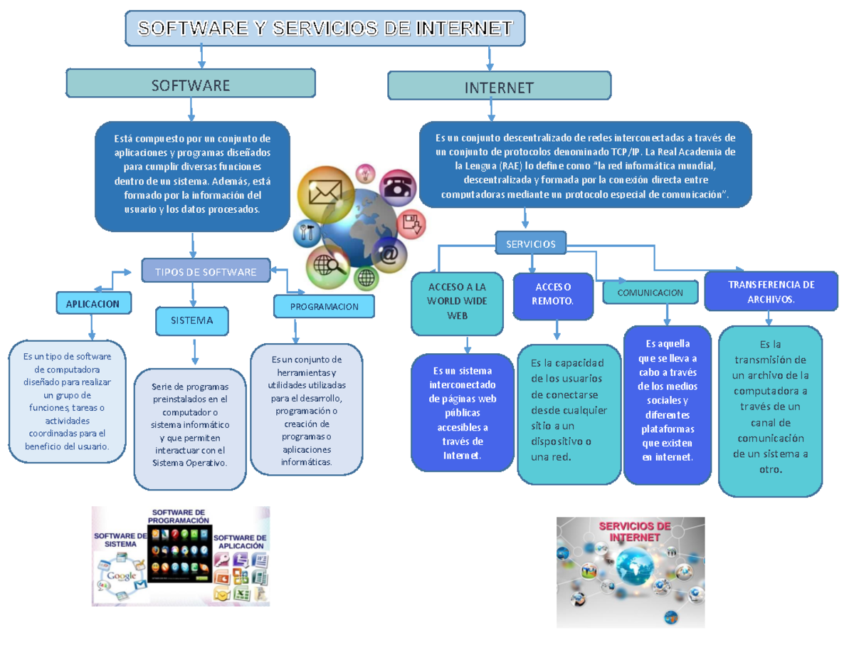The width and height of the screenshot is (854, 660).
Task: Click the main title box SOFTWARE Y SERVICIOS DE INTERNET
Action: [x=325, y=28]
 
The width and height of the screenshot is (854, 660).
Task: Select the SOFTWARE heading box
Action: [x=190, y=84]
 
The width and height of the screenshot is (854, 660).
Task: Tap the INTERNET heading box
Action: [x=499, y=87]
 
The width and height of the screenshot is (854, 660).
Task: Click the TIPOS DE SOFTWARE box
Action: [x=206, y=271]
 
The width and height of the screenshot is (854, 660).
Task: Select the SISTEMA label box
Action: [x=192, y=320]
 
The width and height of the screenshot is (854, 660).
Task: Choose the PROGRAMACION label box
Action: [x=324, y=306]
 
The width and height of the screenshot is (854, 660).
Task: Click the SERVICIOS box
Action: [x=530, y=243]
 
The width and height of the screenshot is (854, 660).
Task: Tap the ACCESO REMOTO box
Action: [x=553, y=294]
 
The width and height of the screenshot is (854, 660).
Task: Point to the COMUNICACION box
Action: [x=650, y=293]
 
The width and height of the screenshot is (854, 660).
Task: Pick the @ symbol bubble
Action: [x=389, y=254]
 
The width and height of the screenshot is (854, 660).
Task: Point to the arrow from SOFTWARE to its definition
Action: [x=191, y=110]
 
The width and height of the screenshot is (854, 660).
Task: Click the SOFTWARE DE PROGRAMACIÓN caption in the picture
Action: [x=179, y=516]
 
